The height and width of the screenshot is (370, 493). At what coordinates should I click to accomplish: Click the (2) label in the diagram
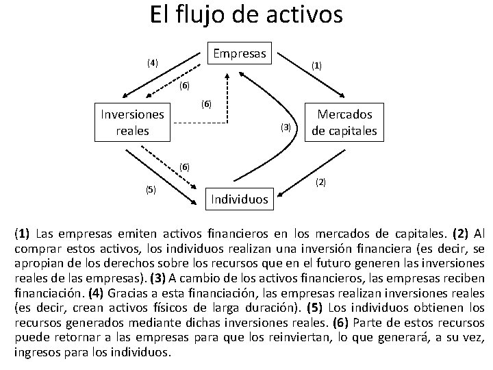[320, 182]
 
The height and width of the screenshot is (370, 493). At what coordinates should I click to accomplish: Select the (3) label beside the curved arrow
[286, 127]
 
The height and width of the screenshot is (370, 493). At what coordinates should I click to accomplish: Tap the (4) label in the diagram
[151, 62]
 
